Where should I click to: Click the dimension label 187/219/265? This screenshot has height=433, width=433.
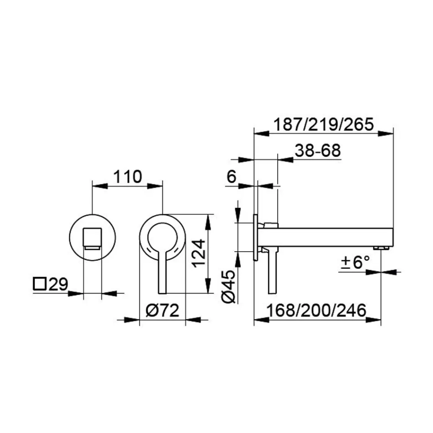(323, 124)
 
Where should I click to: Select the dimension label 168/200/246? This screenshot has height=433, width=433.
(317, 310)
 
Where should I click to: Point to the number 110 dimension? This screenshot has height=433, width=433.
(127, 176)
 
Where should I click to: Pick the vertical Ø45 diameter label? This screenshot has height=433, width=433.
(229, 285)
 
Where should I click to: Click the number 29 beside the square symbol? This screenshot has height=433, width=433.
(58, 285)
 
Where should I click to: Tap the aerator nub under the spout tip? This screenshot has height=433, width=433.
(381, 248)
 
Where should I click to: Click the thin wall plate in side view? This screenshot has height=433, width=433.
(256, 237)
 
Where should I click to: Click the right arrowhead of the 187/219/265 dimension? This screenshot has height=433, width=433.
(387, 134)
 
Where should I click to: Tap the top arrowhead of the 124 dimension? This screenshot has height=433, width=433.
(208, 221)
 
